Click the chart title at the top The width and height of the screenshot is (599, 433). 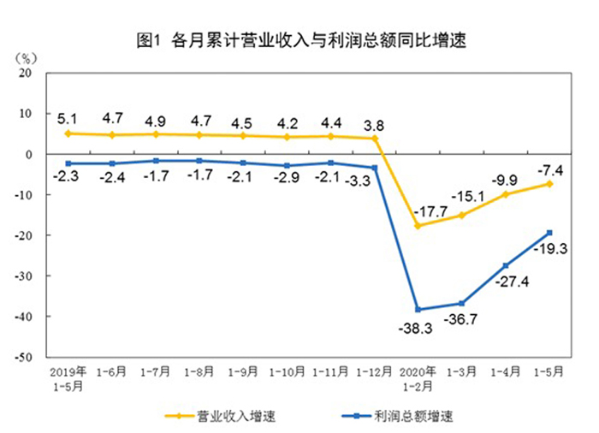pyautogui.click(x=300, y=39)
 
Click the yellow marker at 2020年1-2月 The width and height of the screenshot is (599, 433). pyautogui.click(x=418, y=226)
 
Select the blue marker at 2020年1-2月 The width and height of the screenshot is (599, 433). pyautogui.click(x=418, y=309)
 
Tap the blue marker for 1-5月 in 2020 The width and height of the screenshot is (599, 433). pyautogui.click(x=549, y=233)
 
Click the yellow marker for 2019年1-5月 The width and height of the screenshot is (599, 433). pyautogui.click(x=68, y=133)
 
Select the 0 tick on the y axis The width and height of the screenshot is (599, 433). pyautogui.click(x=29, y=154)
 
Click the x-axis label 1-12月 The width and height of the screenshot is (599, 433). pyautogui.click(x=374, y=372)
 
